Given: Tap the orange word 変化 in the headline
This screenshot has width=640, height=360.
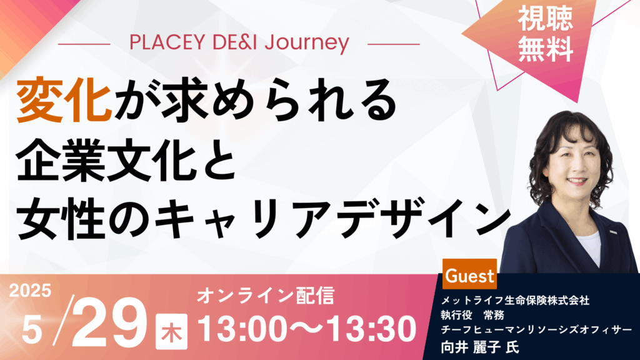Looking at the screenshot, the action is pos(64,100).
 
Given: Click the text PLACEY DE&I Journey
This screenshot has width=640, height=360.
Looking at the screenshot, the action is pos(239,43).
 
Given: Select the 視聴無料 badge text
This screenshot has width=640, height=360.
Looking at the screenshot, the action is pos(545,35).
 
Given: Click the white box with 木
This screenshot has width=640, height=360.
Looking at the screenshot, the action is pos(171,331).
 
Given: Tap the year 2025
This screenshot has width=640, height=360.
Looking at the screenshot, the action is pos(30,290).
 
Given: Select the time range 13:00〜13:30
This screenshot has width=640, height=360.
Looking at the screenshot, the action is pos(307,329).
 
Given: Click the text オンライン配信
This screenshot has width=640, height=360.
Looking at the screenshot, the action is pos(266,296).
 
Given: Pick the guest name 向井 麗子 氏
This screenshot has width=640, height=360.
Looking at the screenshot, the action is pos(479,347).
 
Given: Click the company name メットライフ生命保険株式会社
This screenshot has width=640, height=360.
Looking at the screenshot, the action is pos(515,301).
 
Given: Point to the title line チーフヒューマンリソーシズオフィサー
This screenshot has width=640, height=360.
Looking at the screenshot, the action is pos(536,329).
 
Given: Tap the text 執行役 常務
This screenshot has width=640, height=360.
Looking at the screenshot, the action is pos(472,315).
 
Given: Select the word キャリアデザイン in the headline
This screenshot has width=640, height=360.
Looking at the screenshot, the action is pos(333,220).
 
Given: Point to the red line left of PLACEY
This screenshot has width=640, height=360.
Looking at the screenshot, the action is pos(84,44).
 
